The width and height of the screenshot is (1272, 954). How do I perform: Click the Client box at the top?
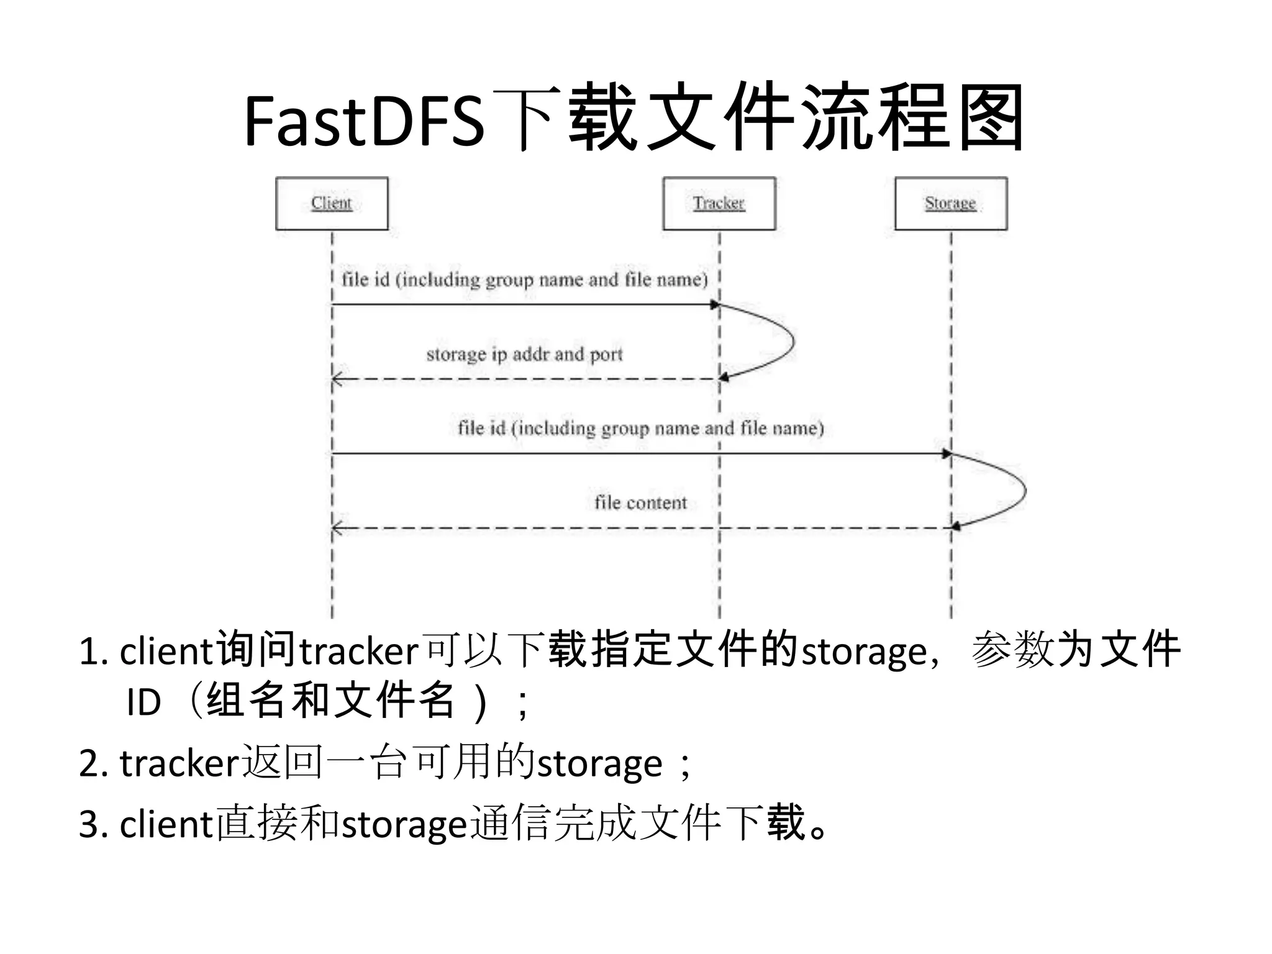332,204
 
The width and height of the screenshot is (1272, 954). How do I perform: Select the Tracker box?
719,204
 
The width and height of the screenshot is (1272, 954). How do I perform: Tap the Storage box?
950,204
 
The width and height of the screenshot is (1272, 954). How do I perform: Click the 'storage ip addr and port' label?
524,354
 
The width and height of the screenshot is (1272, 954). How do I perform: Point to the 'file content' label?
640,502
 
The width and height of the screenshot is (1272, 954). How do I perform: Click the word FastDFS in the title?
363,121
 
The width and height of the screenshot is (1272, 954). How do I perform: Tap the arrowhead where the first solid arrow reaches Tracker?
715,304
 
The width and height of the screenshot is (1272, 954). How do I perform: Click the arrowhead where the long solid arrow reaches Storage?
947,454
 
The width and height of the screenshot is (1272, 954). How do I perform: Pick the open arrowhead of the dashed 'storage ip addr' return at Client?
337,379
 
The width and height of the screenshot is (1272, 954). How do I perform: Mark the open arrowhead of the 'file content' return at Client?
337,529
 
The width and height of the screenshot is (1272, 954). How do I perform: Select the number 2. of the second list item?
94,764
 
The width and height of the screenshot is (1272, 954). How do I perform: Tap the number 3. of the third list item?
94,825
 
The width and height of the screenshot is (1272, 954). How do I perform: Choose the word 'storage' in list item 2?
599,764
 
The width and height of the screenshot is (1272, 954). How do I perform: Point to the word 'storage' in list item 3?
404,825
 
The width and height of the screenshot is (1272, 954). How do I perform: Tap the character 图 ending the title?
990,118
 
